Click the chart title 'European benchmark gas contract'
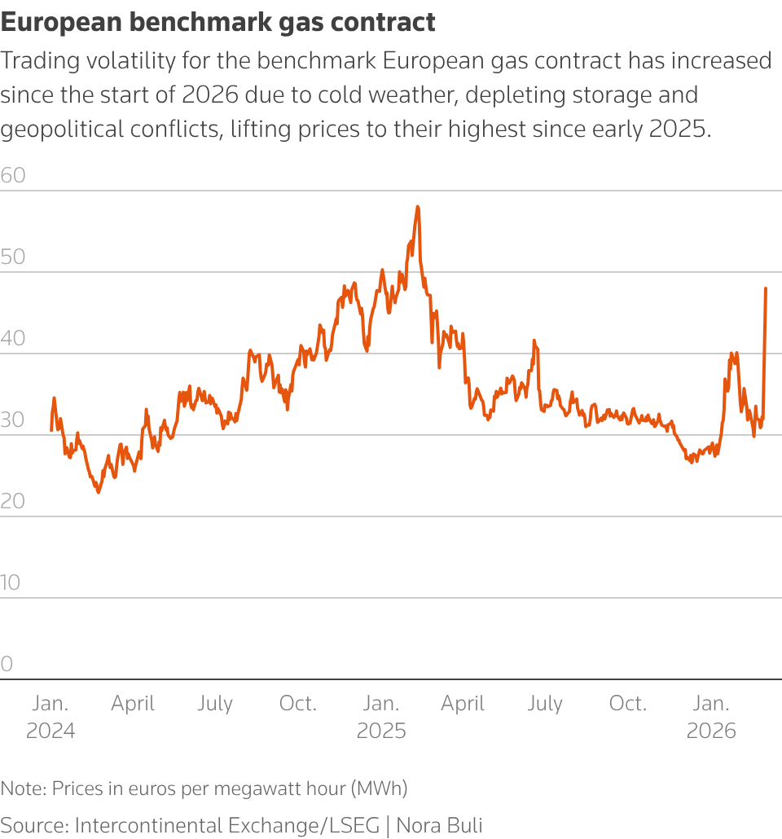(218, 22)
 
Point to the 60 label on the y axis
(13, 175)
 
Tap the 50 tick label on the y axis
(13, 257)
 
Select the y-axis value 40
(13, 338)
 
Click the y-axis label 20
(13, 501)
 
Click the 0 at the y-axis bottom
(7, 664)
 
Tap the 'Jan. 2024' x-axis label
(51, 717)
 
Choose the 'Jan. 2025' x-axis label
(381, 717)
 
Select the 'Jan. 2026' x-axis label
(711, 717)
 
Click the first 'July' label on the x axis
(215, 704)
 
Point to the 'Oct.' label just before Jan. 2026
(628, 704)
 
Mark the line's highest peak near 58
(418, 207)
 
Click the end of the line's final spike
(766, 288)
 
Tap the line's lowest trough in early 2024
(99, 492)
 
